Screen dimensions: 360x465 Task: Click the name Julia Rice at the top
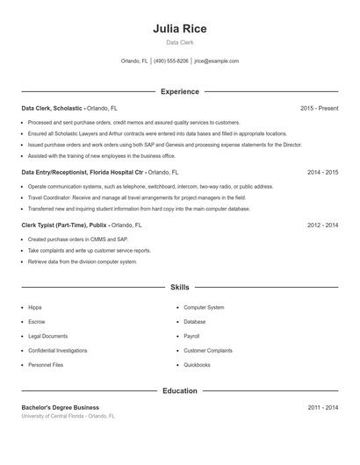pos(179,28)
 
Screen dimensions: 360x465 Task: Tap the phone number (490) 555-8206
pos(170,61)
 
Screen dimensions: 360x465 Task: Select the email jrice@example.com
pos(216,61)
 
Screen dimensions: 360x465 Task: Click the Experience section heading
pos(179,91)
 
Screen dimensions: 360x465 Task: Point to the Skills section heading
pos(179,287)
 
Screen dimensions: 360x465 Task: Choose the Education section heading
pos(179,390)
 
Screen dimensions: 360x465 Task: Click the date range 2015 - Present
pos(319,108)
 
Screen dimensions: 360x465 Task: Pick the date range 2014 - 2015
pos(322,173)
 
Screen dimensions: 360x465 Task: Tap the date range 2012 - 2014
pos(322,225)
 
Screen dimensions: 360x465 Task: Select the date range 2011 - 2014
pos(322,407)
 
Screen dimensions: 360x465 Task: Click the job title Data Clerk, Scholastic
pos(53,108)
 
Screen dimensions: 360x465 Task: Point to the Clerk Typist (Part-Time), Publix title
pos(65,225)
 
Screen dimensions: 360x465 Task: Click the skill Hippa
pos(35,308)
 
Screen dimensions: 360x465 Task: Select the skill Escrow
pos(36,322)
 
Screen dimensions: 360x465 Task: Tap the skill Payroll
pos(191,336)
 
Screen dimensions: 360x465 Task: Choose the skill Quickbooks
pos(197,364)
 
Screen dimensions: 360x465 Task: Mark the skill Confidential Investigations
pos(58,350)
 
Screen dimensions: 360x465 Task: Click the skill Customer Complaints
pos(208,350)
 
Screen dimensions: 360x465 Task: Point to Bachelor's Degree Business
pos(60,407)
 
